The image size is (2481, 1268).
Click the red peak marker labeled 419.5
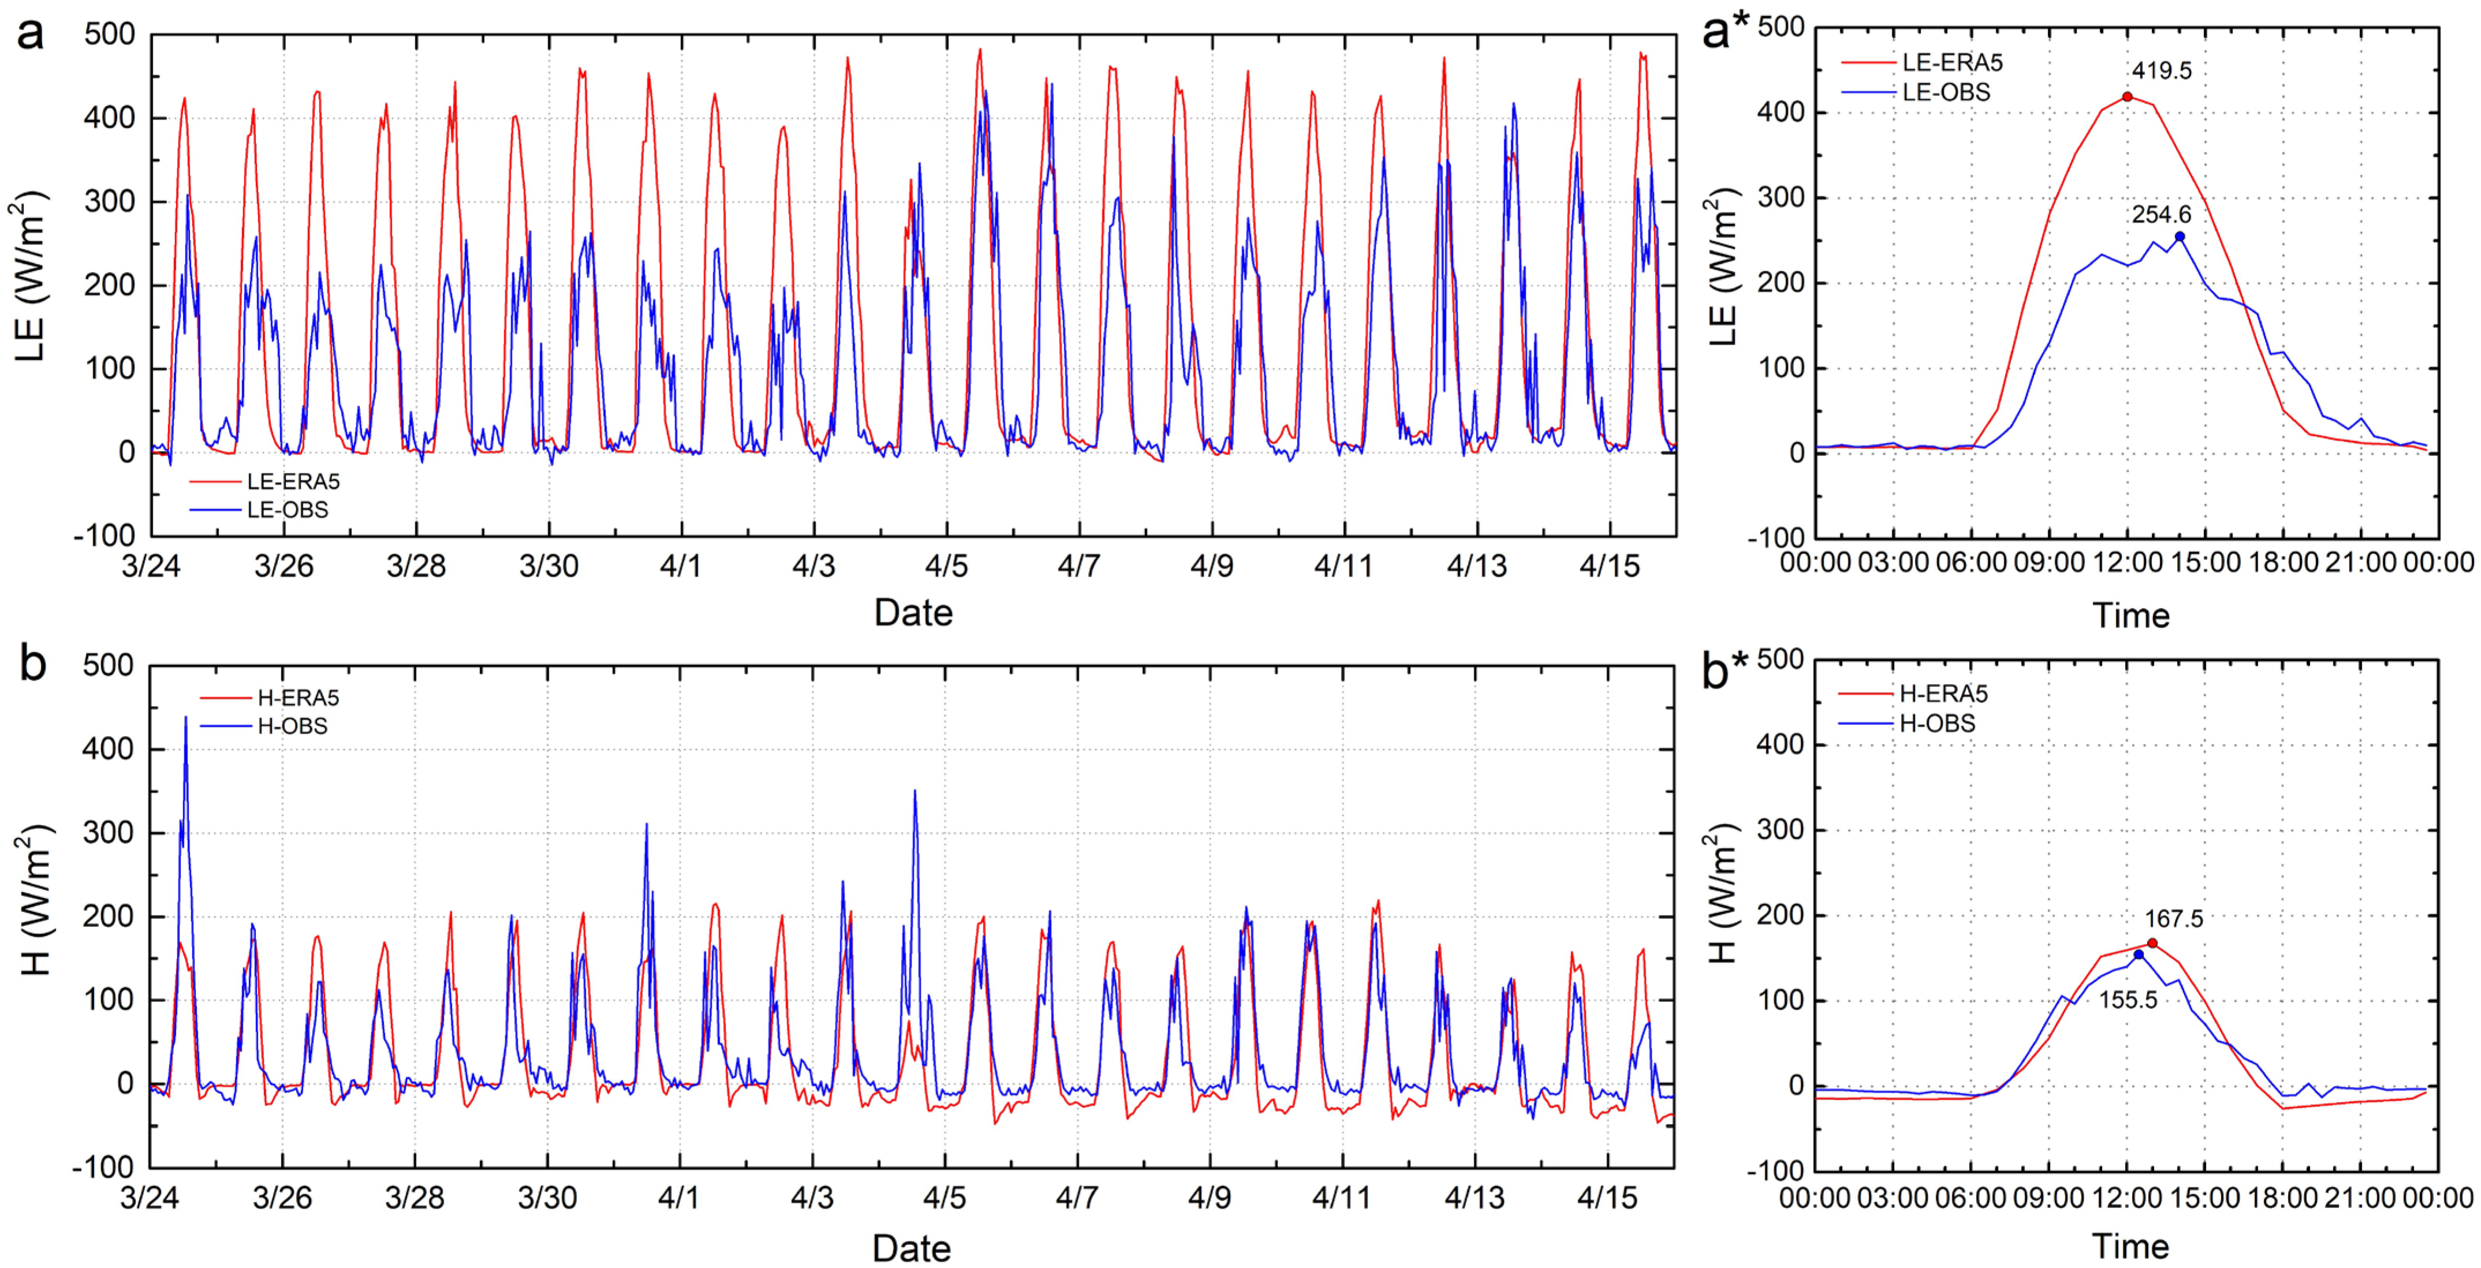(2126, 96)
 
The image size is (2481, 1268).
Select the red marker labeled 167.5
(2152, 944)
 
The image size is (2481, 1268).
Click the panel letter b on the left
(33, 664)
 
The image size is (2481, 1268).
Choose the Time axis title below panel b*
(2130, 1247)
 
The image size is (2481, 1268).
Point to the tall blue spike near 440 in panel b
(186, 718)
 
